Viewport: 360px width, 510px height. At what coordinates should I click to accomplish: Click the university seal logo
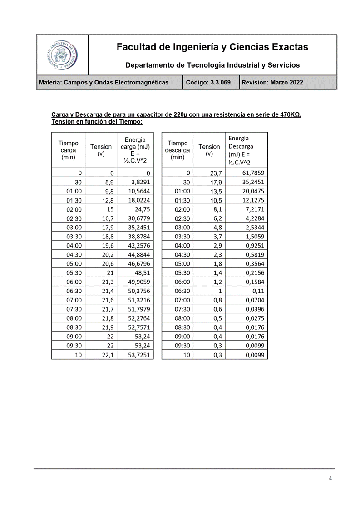click(x=62, y=55)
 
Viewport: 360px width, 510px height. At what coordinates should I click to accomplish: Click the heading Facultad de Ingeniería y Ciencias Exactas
click(x=212, y=47)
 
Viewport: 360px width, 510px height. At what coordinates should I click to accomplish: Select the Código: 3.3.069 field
click(x=211, y=83)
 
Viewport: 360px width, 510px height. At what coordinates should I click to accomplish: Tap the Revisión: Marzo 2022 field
click(x=272, y=83)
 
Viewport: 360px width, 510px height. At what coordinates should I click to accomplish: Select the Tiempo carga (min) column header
click(x=68, y=150)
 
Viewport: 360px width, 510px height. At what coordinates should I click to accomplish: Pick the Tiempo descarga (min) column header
click(x=177, y=150)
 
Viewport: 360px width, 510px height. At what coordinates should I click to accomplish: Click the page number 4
click(x=330, y=478)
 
